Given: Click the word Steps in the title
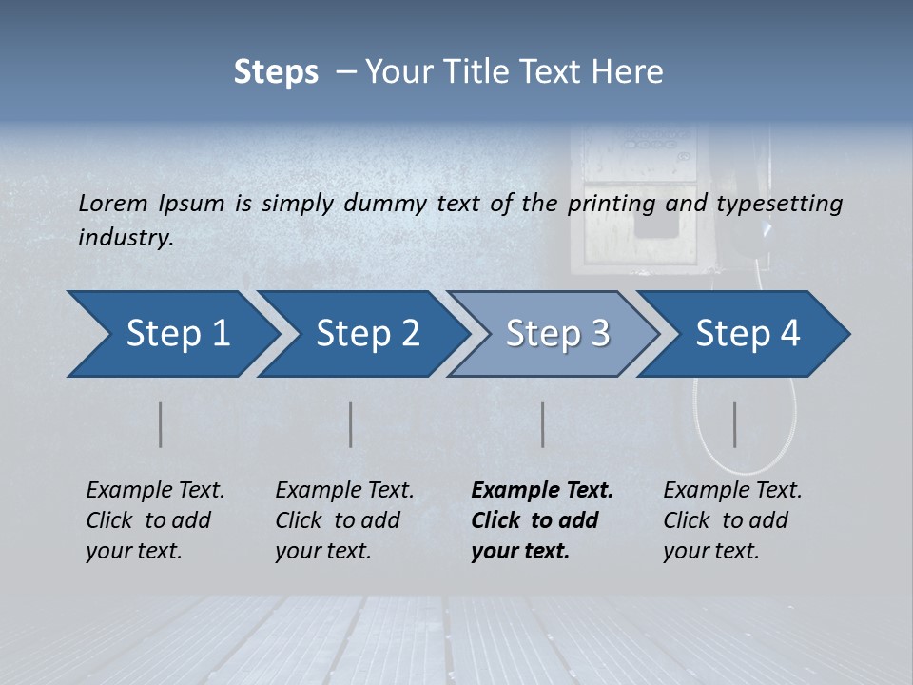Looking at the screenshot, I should click(276, 72).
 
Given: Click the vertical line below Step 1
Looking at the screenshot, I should click(161, 424).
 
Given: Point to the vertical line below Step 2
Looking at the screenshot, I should click(351, 424).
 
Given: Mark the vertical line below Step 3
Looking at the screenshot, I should click(543, 424).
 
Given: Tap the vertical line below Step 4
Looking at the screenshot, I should click(735, 424).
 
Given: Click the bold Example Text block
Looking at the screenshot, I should click(542, 520).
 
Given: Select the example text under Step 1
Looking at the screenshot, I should click(155, 520).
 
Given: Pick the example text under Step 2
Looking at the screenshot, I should click(344, 520).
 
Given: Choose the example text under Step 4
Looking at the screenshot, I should click(732, 520).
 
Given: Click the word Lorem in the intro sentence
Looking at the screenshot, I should click(113, 203).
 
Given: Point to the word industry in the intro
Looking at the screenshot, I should click(124, 238).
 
